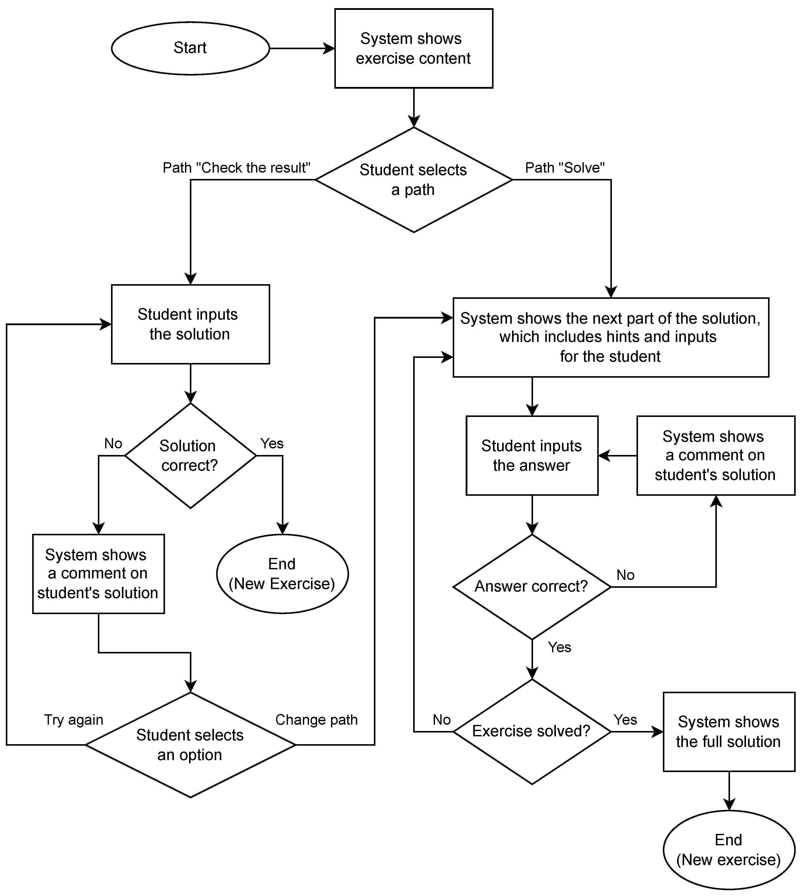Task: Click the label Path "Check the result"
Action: tap(236, 168)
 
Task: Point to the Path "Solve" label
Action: tap(565, 168)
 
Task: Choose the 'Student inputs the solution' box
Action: tap(190, 324)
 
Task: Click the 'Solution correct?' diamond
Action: tap(190, 455)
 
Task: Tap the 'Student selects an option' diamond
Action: tap(190, 745)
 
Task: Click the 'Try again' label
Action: tap(74, 720)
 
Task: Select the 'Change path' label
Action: tap(316, 720)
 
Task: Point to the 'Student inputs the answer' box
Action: tap(532, 455)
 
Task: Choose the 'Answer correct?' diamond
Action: tap(532, 587)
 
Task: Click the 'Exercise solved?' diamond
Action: tap(532, 732)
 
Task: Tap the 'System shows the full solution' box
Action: tap(729, 732)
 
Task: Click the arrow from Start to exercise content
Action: tap(302, 48)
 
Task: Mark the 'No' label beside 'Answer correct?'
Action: tap(625, 575)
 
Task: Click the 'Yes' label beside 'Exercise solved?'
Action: tap(625, 720)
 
